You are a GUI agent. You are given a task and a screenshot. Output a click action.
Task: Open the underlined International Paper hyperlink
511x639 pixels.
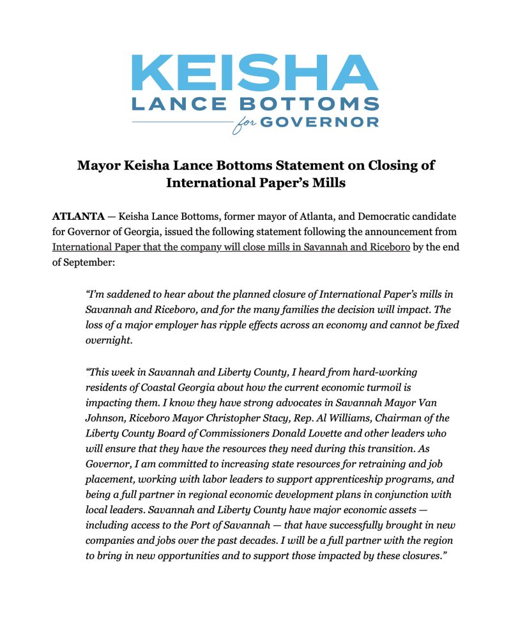tap(231, 247)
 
